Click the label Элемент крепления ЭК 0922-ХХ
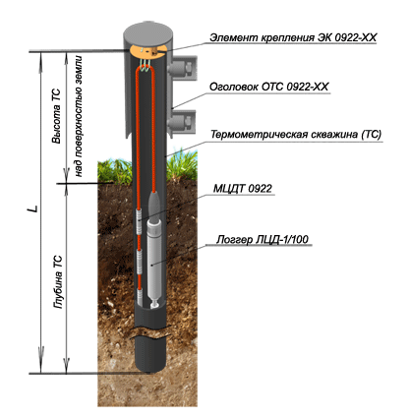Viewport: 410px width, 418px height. tap(293, 37)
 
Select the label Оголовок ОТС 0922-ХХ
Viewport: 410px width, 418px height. tap(268, 87)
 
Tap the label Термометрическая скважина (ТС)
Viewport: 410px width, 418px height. tap(296, 135)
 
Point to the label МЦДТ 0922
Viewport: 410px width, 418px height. tap(243, 188)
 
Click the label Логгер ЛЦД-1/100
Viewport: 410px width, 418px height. tap(263, 239)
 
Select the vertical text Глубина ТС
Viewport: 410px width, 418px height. tap(58, 282)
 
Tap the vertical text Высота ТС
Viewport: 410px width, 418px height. tap(56, 116)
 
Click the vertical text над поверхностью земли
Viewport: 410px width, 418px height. tap(79, 116)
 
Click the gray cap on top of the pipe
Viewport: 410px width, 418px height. tap(148, 33)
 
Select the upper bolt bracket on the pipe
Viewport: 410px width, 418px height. tap(182, 68)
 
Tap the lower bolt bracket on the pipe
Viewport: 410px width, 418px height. tap(182, 121)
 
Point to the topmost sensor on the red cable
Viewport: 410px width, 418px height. tap(139, 221)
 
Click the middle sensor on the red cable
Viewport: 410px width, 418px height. tap(140, 262)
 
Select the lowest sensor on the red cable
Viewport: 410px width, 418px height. tap(141, 296)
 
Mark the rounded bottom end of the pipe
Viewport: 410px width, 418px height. tap(150, 364)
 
